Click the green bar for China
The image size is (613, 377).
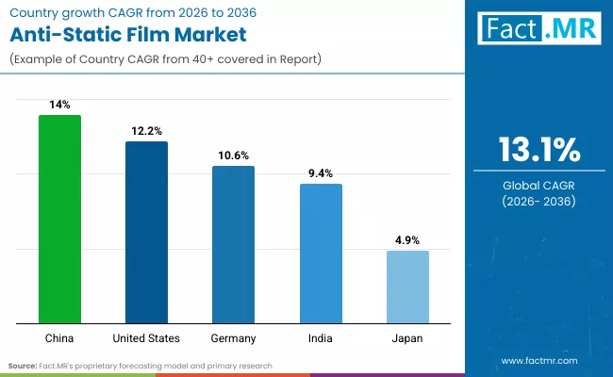(x=59, y=220)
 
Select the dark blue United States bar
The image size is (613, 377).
(x=146, y=233)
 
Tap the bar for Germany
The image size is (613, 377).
(x=233, y=245)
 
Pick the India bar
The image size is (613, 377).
(x=321, y=254)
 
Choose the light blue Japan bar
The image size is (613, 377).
(x=407, y=287)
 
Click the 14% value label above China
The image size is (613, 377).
(x=59, y=106)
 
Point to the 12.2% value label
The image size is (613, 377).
(x=146, y=132)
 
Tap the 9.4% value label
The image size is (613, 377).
(x=321, y=173)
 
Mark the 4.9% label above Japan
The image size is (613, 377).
(x=407, y=241)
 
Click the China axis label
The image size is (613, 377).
(x=59, y=337)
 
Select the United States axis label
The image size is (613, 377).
(x=146, y=337)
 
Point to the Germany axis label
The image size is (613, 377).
(x=233, y=337)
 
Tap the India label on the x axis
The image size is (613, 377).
(x=321, y=337)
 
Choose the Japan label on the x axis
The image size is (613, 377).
(x=407, y=337)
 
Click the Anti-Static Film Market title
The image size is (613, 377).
(x=127, y=36)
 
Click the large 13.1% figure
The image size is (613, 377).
(x=538, y=149)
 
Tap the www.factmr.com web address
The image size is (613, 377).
(x=538, y=360)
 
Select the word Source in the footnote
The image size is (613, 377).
(x=22, y=365)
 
